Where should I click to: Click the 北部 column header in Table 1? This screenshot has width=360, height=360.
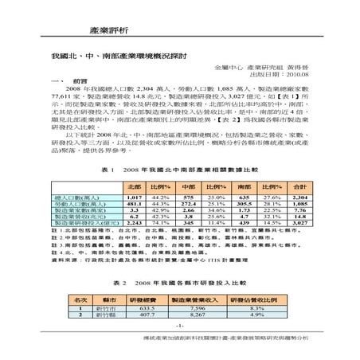134,186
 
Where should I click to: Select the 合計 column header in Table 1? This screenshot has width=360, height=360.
300,186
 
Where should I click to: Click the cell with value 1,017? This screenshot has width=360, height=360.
134,197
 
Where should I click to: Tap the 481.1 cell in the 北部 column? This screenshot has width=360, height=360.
134,203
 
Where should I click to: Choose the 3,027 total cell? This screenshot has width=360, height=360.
300,222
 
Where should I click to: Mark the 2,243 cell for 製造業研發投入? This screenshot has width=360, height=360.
134,222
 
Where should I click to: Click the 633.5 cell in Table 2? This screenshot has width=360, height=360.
145,308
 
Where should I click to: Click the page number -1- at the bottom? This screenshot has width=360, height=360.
180,326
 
